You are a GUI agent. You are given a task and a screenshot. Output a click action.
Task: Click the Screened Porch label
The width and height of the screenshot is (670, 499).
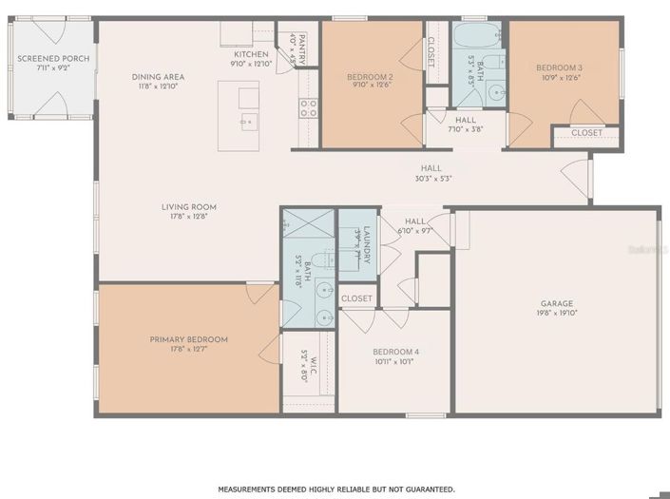(x=53, y=59)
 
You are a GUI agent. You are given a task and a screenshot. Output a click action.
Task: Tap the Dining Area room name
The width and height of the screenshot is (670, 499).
(x=158, y=77)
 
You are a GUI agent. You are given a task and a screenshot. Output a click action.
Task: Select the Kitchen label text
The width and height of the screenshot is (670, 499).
(x=252, y=54)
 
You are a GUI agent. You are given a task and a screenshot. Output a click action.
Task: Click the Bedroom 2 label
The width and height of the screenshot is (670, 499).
(x=370, y=77)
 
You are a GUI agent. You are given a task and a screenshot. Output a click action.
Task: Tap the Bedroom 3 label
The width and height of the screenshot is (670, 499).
(x=559, y=67)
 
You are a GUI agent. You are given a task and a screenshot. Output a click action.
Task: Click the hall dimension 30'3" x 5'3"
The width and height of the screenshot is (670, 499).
(x=432, y=178)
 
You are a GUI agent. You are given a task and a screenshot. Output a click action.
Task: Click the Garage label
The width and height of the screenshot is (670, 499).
(x=557, y=304)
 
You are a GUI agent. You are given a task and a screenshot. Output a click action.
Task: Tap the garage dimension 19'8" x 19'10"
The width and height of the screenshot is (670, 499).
(x=557, y=313)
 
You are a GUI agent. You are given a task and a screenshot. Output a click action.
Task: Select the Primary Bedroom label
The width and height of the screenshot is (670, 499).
(x=188, y=339)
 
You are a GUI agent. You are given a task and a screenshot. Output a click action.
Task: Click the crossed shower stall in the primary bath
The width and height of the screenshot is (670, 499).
(x=309, y=222)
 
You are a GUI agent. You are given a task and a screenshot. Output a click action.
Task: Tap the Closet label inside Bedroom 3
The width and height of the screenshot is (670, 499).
(x=586, y=133)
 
